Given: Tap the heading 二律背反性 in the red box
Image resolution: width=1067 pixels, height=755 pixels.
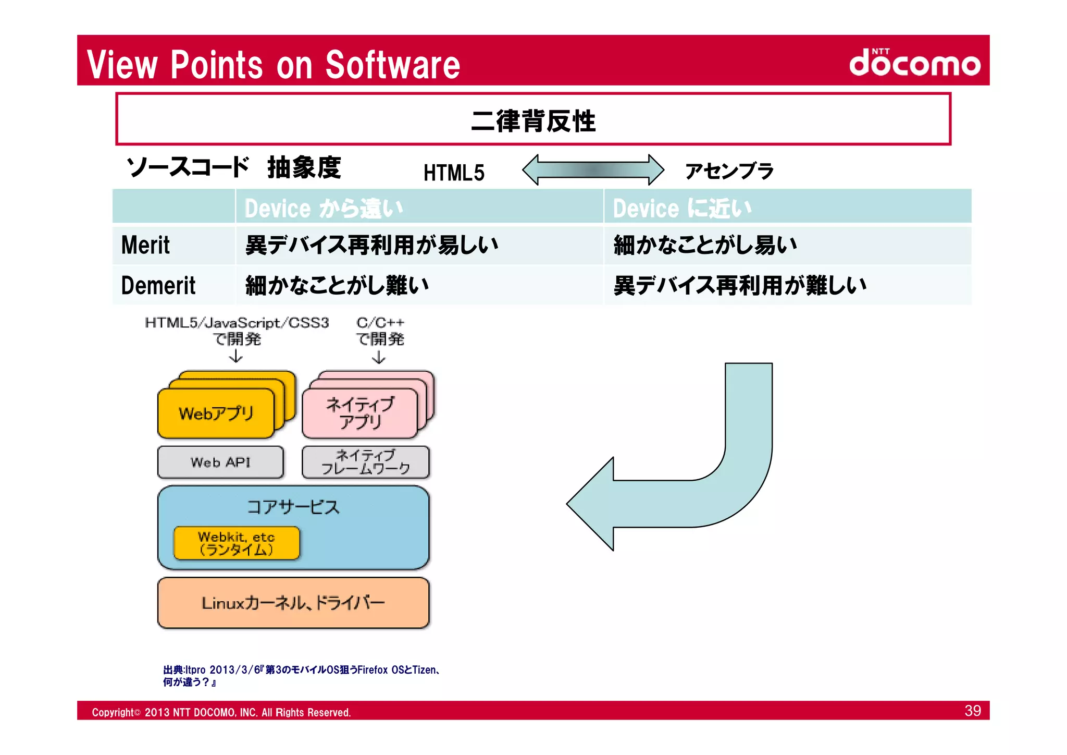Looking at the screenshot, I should click(x=533, y=120).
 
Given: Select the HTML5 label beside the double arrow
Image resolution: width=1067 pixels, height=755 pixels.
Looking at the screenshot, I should click(x=453, y=173).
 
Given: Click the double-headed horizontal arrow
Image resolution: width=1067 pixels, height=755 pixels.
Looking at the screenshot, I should click(x=593, y=170).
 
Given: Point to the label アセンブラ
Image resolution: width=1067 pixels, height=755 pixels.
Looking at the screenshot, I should click(x=729, y=171).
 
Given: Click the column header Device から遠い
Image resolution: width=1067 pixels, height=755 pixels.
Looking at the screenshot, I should click(x=324, y=208).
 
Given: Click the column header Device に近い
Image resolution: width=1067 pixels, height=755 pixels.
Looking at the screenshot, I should click(x=682, y=208).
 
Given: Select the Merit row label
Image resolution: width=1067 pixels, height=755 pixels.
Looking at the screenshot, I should click(x=145, y=245).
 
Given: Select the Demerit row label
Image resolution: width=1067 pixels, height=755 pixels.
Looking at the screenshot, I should click(x=158, y=286).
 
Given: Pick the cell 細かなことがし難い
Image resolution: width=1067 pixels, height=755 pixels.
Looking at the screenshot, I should click(x=337, y=286).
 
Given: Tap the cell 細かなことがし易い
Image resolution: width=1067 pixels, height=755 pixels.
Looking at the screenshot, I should click(x=705, y=245).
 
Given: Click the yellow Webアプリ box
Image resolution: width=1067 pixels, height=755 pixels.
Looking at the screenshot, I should click(x=216, y=413).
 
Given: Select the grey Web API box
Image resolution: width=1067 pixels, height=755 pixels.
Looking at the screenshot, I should click(x=220, y=462).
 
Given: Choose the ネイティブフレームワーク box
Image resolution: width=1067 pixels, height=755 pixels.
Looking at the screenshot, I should click(x=365, y=462).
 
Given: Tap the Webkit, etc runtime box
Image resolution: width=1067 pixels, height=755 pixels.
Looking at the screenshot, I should click(x=236, y=543).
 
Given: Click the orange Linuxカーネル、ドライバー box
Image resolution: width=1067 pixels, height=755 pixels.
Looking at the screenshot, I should click(x=293, y=603).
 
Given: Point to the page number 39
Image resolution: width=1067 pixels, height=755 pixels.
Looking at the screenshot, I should click(x=972, y=711).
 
